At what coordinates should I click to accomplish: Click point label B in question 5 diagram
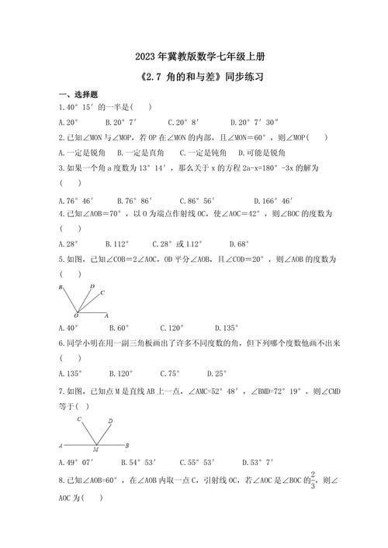[61, 287]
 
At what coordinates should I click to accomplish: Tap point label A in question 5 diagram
[107, 316]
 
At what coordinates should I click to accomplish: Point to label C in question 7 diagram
[78, 419]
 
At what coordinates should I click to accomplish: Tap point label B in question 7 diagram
[127, 446]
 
